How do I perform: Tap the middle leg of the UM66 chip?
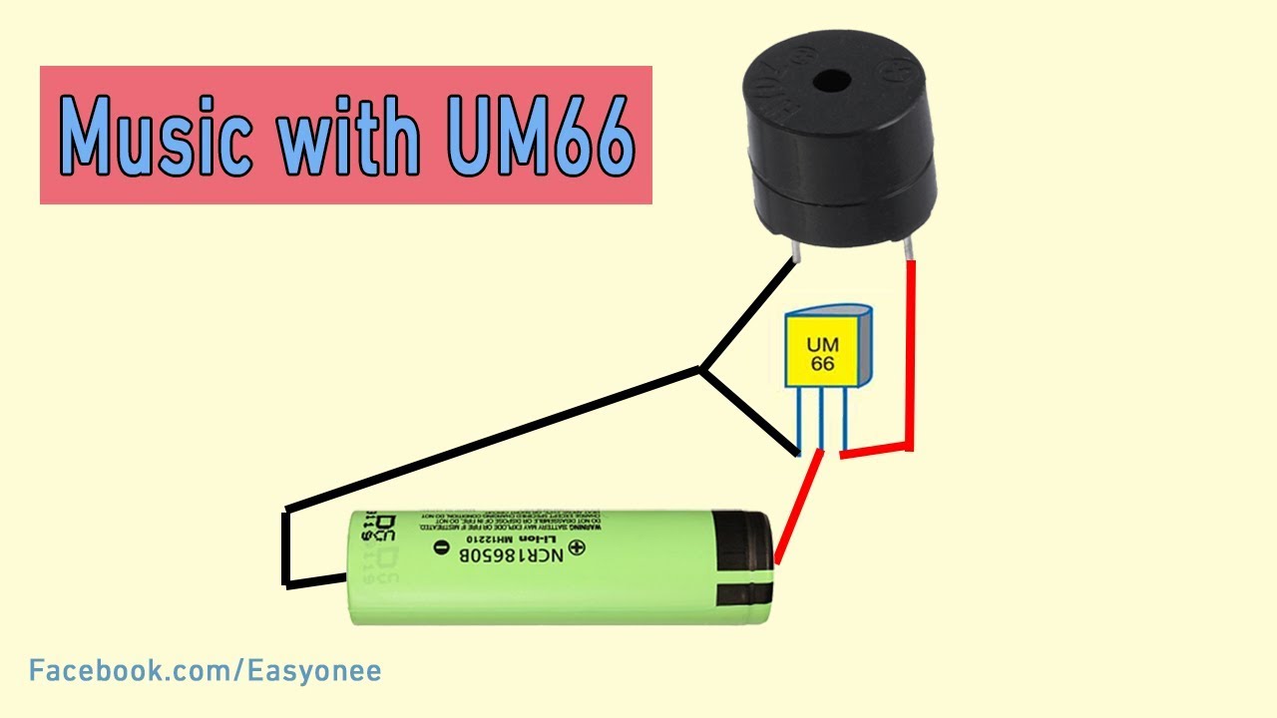point(821,419)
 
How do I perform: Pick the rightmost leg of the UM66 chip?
point(843,419)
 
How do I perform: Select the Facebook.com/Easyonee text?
point(206,671)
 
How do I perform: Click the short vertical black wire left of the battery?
point(287,547)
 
